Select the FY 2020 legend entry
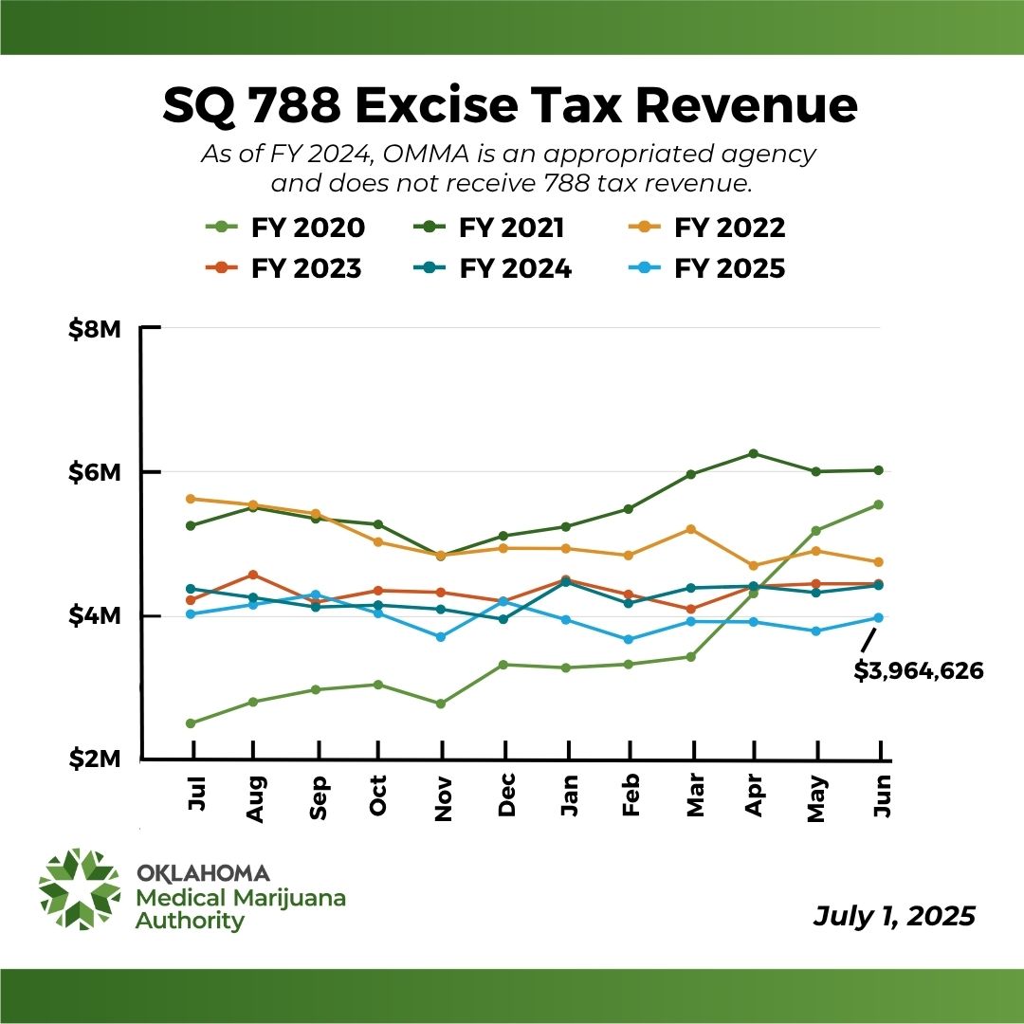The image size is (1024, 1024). [x=285, y=228]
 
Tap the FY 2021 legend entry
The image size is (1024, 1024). [x=490, y=228]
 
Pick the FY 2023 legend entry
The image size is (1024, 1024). [x=285, y=268]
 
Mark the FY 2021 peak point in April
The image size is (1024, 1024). [x=754, y=453]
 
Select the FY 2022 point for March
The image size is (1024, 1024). [x=691, y=529]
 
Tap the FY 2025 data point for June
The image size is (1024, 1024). [x=879, y=617]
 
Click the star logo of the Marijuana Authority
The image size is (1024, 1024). [x=80, y=888]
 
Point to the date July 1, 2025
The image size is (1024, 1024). [x=893, y=917]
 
